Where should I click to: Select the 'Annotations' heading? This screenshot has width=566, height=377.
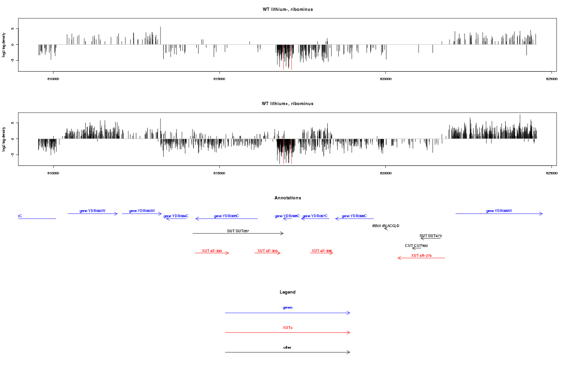(288, 198)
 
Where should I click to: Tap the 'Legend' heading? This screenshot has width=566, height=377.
(288, 292)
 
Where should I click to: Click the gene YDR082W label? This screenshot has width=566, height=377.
(92, 211)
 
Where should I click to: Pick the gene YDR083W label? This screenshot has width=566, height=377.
(142, 211)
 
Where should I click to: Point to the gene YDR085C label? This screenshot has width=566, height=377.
(226, 216)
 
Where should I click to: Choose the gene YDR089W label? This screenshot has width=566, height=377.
(499, 211)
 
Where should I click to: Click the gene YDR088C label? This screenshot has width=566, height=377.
(354, 216)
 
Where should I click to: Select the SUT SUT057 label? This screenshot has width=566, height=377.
(238, 231)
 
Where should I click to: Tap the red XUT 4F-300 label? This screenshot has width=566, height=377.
(212, 251)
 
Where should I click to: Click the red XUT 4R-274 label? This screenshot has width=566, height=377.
(421, 255)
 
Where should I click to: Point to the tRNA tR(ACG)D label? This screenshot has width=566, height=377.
(386, 226)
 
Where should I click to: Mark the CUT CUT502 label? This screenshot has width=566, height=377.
(416, 246)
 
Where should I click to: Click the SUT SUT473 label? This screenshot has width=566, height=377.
(431, 236)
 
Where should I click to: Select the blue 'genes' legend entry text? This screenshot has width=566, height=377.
(288, 308)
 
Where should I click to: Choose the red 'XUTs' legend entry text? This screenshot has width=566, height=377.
(288, 328)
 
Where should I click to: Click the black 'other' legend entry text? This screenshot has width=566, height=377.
(288, 347)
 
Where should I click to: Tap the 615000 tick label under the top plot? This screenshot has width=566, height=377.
(219, 79)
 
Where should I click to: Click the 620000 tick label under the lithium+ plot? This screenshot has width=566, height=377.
(385, 173)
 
